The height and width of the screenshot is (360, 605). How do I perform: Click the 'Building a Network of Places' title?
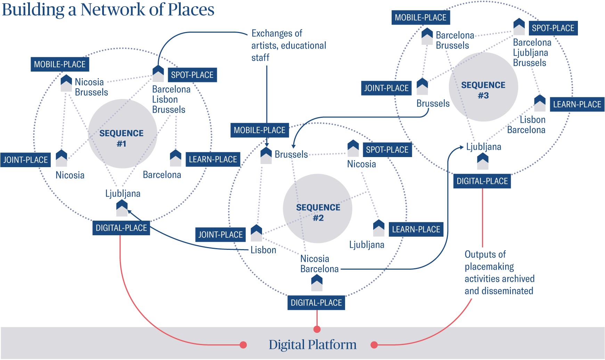pos(108,10)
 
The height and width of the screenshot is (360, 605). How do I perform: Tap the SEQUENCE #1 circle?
pos(122,134)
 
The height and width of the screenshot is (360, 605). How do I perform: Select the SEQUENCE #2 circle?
pos(318,208)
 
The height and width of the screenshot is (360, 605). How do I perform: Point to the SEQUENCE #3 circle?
pos(483,87)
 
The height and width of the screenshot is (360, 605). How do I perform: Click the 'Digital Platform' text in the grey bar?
pos(312,344)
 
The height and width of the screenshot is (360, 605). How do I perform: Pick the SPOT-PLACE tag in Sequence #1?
pos(192,75)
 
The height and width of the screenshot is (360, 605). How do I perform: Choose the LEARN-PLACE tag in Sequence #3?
pos(577,104)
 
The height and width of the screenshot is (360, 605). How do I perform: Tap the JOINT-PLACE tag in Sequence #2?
pos(220,235)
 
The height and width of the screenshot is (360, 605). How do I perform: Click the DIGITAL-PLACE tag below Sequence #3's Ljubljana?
pos(482,181)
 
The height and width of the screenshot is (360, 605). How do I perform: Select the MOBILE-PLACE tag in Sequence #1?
pos(60,64)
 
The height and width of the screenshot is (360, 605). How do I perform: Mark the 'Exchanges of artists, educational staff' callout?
pos(288,46)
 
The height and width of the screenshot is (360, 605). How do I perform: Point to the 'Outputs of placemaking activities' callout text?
pos(499,272)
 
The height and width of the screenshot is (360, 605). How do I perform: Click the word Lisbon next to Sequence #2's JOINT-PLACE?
pos(263,250)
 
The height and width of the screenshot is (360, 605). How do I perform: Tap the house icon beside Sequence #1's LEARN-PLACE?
pos(175,158)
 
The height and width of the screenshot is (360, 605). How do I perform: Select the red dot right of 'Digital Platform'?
pos(374,345)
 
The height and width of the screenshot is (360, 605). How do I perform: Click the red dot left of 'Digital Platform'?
pos(243,345)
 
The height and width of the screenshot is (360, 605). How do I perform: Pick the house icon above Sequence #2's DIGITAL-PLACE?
pos(317,283)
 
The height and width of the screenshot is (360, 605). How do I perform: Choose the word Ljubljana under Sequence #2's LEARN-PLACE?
pos(367,245)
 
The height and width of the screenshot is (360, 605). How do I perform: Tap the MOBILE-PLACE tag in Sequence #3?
pos(420,18)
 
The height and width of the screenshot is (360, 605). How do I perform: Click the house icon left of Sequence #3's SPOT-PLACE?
pos(519,27)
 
